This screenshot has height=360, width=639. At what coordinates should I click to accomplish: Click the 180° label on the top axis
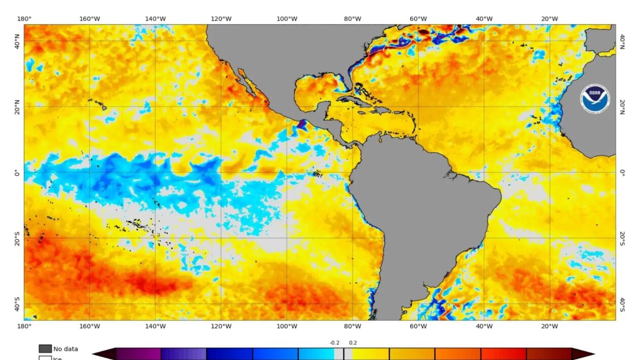24,19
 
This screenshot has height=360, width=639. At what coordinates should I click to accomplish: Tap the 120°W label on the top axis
221,19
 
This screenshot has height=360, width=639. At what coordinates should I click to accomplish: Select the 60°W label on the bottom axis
418,326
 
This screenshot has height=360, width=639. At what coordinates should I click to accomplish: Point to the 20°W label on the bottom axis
549,326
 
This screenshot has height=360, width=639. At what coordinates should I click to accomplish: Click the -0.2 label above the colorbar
335,343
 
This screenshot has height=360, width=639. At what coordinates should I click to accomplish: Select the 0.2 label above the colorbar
352,343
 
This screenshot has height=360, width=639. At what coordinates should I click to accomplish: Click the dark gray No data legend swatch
45,349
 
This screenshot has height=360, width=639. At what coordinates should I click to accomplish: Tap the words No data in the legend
65,349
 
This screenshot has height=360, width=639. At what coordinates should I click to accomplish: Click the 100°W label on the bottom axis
287,326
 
